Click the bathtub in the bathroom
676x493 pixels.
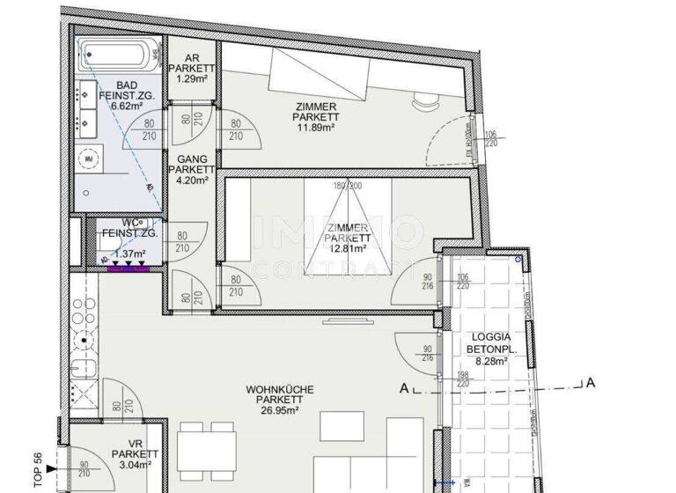pos(119,57)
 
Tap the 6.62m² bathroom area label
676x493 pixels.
pos(127,106)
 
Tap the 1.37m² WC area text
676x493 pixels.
pos(129,253)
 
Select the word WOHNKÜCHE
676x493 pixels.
pos(280,388)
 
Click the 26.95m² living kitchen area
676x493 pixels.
pos(280,409)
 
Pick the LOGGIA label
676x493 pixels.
pos(492,336)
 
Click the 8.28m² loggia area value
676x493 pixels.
pos(492,360)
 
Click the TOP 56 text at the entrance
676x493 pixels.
pos(38,468)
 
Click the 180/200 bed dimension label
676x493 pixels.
pos(348,187)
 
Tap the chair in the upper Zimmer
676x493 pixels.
pos(425,99)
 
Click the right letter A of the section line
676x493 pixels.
pos(591,382)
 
